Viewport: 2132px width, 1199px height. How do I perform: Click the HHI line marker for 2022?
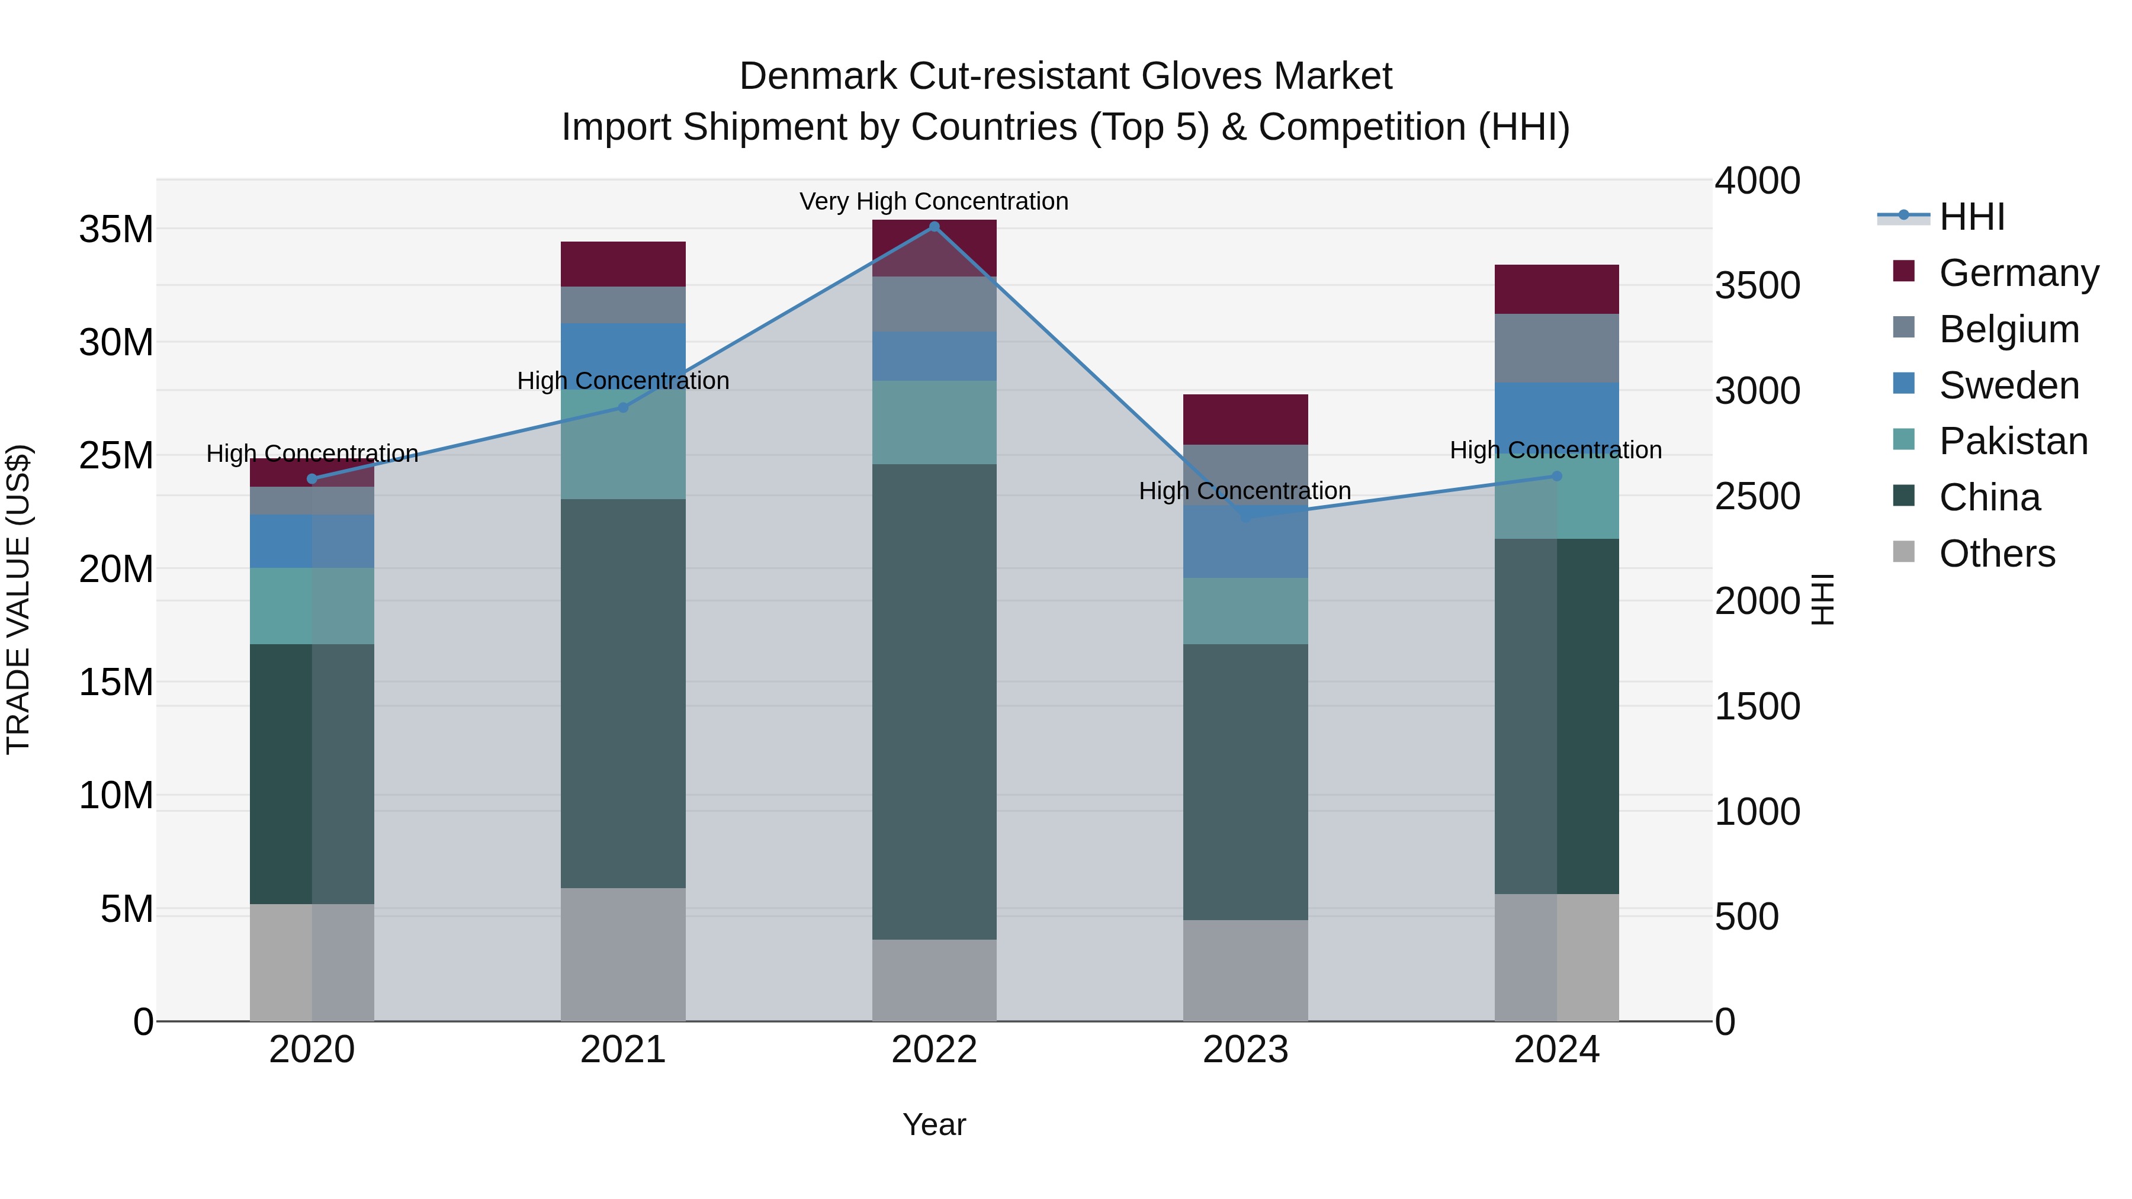tap(935, 227)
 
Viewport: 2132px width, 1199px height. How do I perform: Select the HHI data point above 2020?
tap(312, 479)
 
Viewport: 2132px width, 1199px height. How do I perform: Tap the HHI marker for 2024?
tap(1557, 477)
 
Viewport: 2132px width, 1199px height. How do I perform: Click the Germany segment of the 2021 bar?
tap(623, 264)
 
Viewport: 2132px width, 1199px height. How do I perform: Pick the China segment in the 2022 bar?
tap(935, 702)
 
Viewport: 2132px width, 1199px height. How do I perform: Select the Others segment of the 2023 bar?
tap(1245, 970)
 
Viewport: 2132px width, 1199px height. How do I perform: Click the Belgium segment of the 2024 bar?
tap(1557, 348)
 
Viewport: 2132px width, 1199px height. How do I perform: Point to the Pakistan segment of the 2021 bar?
tap(623, 447)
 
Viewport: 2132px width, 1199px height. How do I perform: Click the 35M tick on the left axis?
tap(116, 229)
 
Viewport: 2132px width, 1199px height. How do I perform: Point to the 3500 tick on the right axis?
tap(1757, 285)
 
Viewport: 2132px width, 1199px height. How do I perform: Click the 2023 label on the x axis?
tap(1245, 1050)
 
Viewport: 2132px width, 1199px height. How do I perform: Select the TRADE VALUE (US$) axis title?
tap(18, 599)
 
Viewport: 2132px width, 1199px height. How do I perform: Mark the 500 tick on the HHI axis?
tap(1746, 917)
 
